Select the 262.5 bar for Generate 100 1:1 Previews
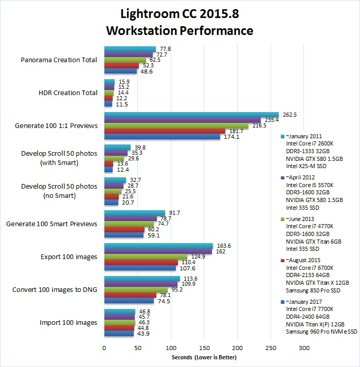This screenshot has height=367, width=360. (191, 115)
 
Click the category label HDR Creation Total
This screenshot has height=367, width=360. (68, 93)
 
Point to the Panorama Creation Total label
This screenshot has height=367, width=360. (59, 60)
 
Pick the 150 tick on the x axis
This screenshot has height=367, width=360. (204, 348)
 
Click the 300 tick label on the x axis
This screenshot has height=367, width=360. (304, 348)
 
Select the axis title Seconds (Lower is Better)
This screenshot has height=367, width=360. (204, 357)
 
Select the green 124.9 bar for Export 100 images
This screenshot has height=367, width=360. (146, 256)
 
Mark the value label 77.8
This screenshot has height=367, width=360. (165, 49)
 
